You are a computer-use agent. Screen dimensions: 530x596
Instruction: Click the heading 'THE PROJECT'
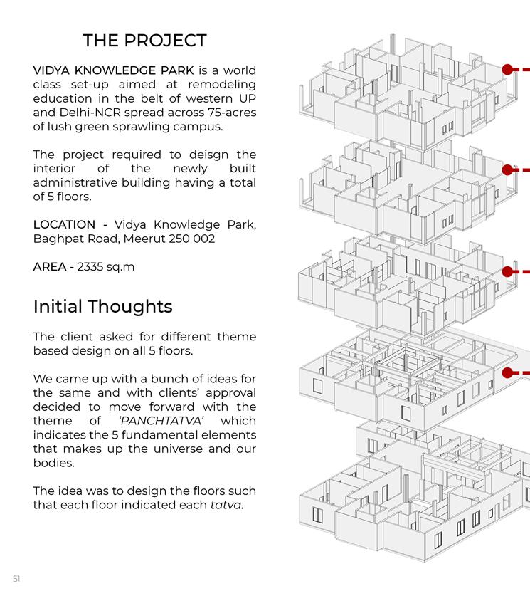click(x=144, y=41)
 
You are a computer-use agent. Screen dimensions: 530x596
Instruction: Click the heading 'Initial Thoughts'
click(x=102, y=307)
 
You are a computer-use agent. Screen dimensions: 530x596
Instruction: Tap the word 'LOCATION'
click(x=64, y=224)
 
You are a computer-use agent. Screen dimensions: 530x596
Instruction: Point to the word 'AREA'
click(x=50, y=267)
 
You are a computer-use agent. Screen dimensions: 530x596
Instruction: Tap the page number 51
click(x=16, y=579)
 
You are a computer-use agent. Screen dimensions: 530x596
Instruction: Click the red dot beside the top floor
click(x=507, y=69)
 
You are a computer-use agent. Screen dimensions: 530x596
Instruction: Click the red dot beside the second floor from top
click(x=507, y=170)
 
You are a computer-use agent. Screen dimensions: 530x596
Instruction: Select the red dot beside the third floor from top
click(x=507, y=271)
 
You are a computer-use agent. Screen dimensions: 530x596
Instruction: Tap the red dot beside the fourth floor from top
click(x=507, y=372)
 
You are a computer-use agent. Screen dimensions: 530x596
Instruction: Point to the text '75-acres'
click(x=231, y=113)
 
